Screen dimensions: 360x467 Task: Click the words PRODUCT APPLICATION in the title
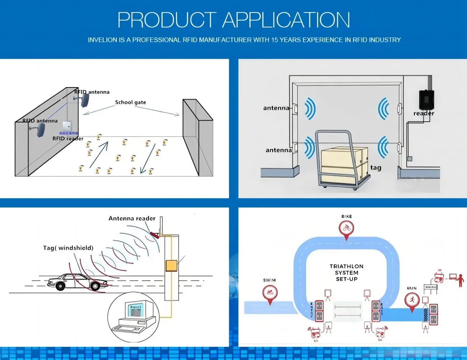click(233, 19)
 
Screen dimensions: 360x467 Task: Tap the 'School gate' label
click(130, 102)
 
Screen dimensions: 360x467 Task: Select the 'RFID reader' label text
click(68, 138)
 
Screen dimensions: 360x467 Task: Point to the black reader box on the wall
click(426, 100)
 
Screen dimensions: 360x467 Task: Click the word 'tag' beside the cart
click(376, 168)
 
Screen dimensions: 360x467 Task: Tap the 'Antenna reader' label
click(132, 218)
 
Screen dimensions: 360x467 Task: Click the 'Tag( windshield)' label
click(68, 248)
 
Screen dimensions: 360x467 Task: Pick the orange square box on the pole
click(171, 266)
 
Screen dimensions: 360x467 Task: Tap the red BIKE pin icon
click(346, 228)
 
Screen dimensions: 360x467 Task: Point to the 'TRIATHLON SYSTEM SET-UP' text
click(346, 273)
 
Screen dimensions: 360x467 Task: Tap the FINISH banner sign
click(431, 287)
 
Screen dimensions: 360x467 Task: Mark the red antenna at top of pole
click(155, 235)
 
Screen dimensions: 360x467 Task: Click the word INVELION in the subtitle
click(102, 40)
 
